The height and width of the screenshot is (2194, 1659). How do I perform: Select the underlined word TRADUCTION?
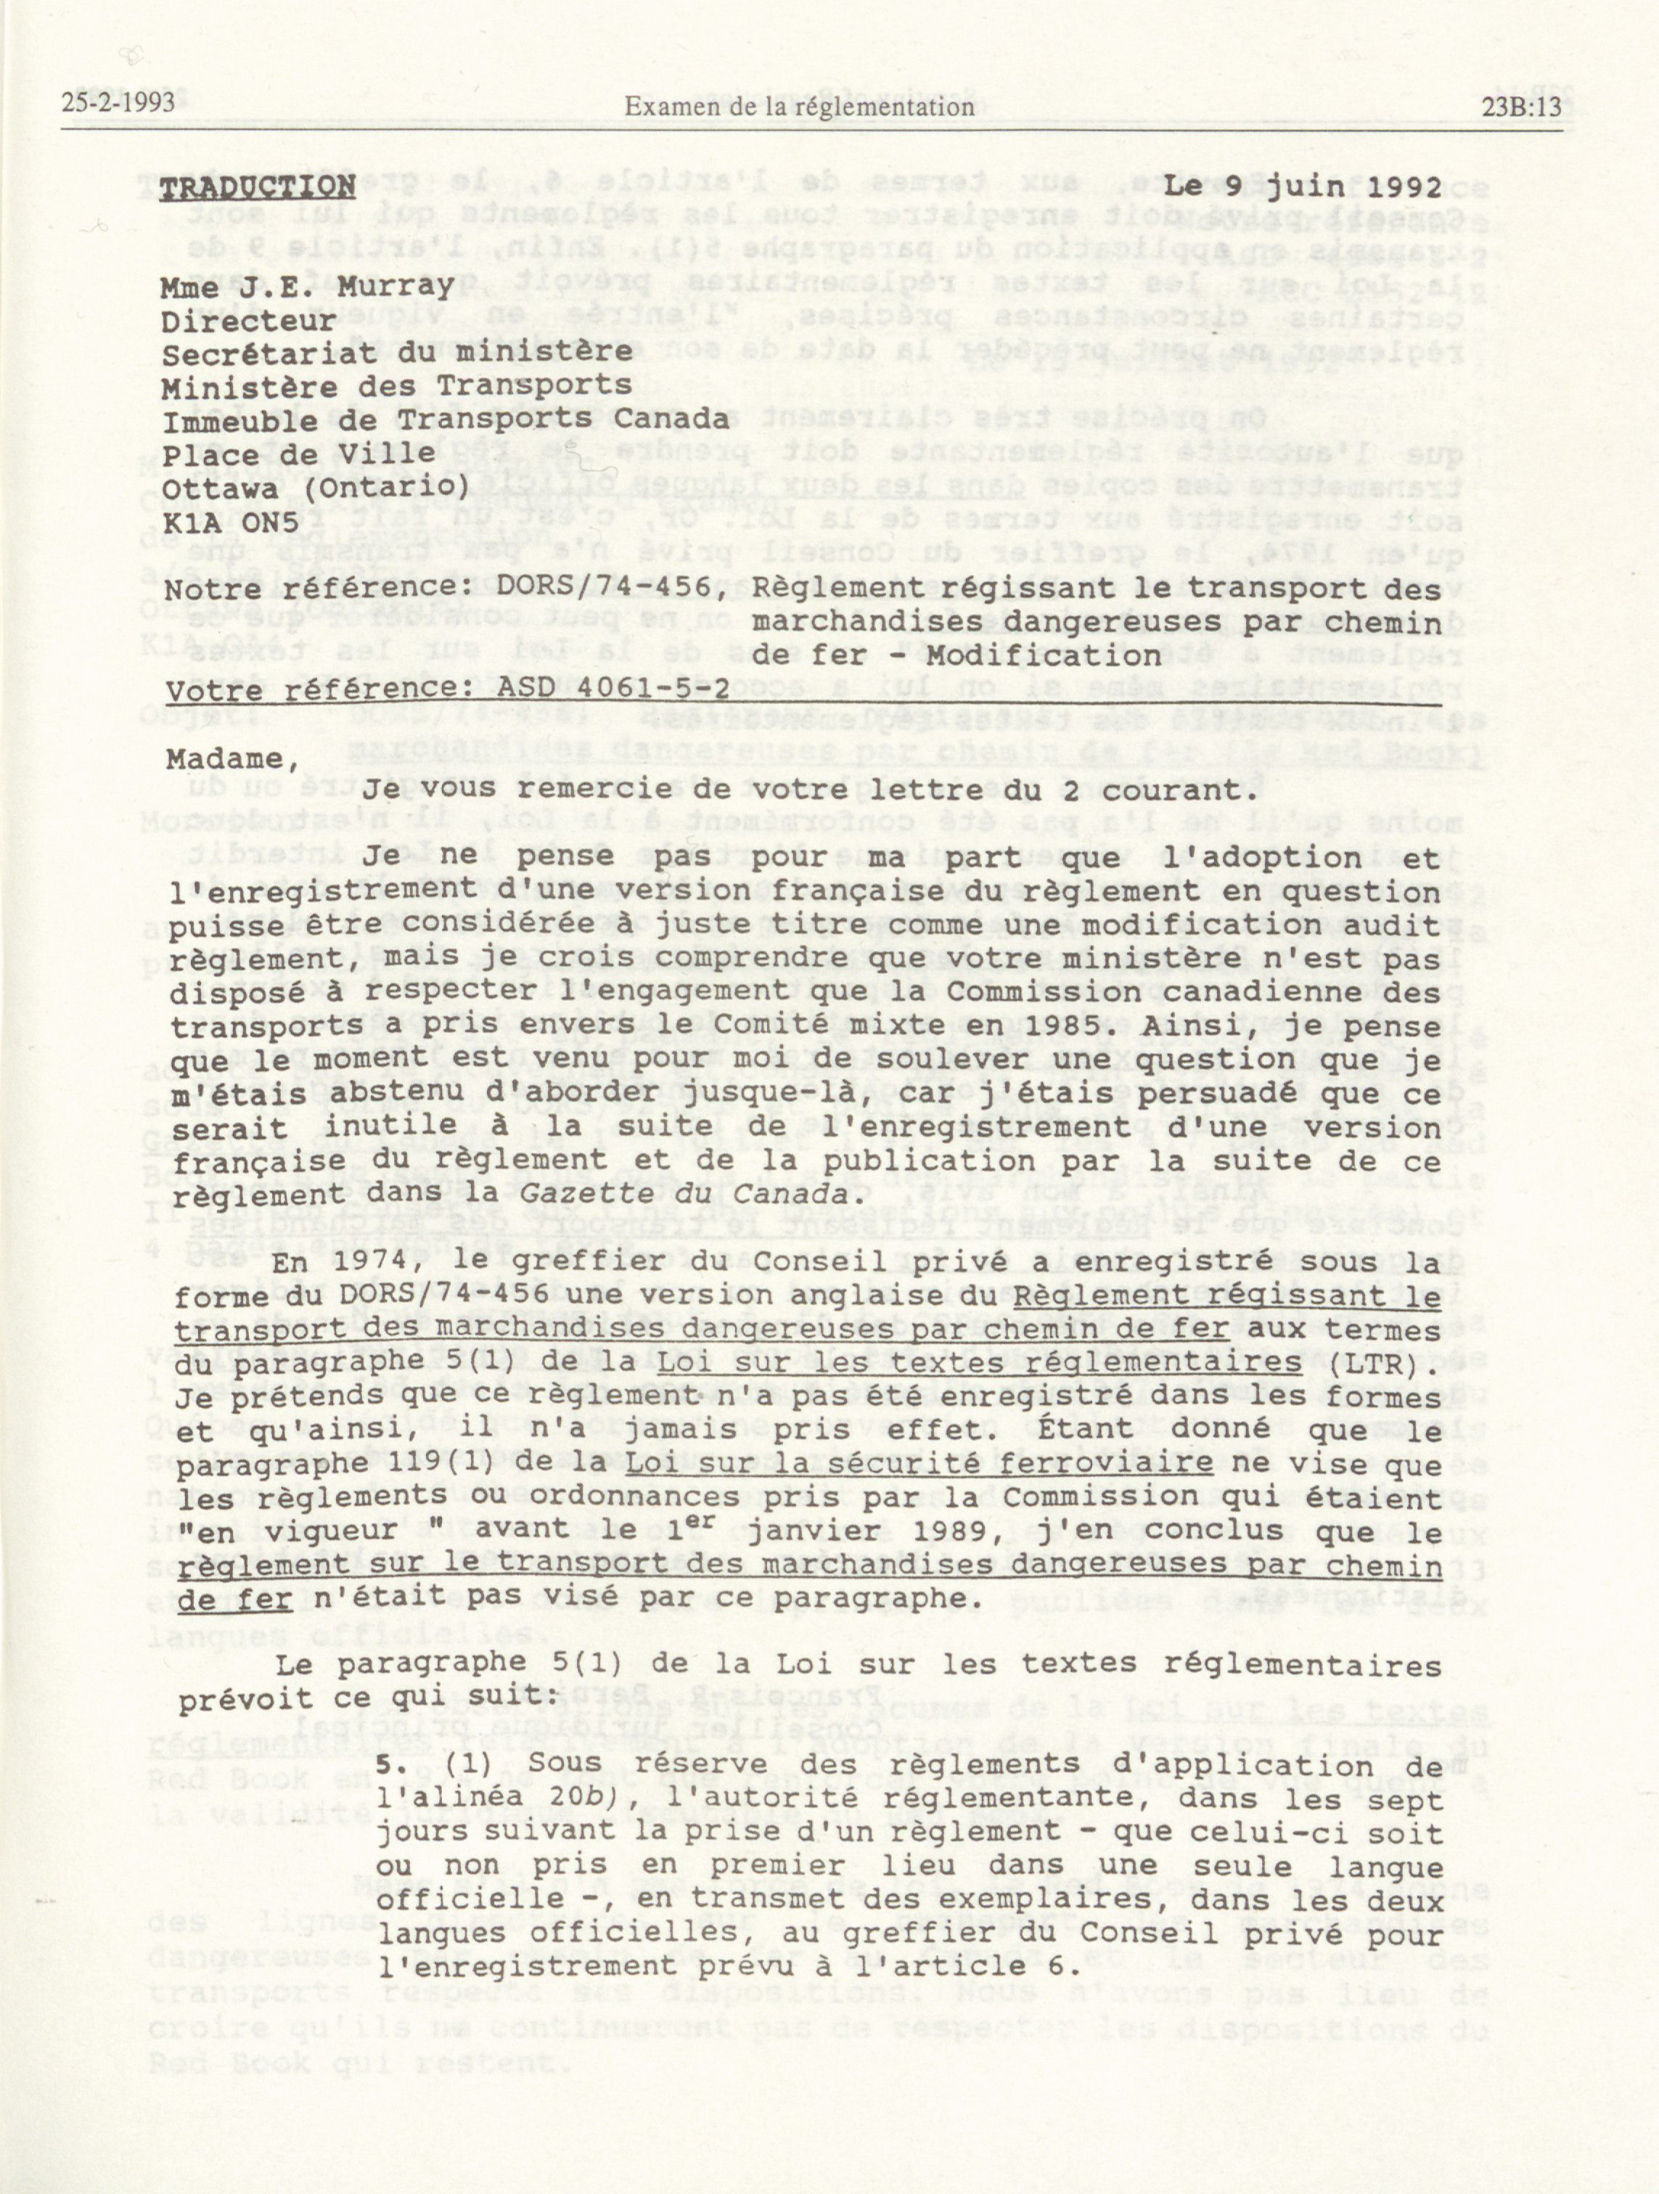(x=258, y=187)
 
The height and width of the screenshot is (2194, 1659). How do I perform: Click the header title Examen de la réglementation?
(x=798, y=105)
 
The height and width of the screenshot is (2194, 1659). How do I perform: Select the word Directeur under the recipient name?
(x=250, y=322)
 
